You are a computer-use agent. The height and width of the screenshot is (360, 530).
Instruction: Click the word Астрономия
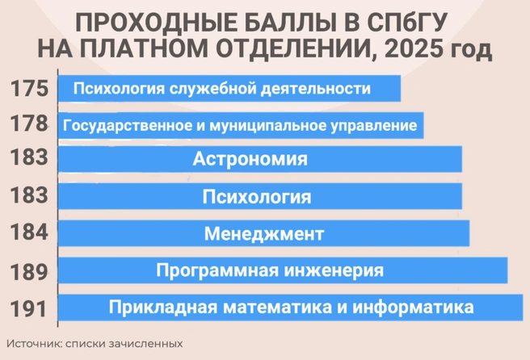click(x=250, y=159)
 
